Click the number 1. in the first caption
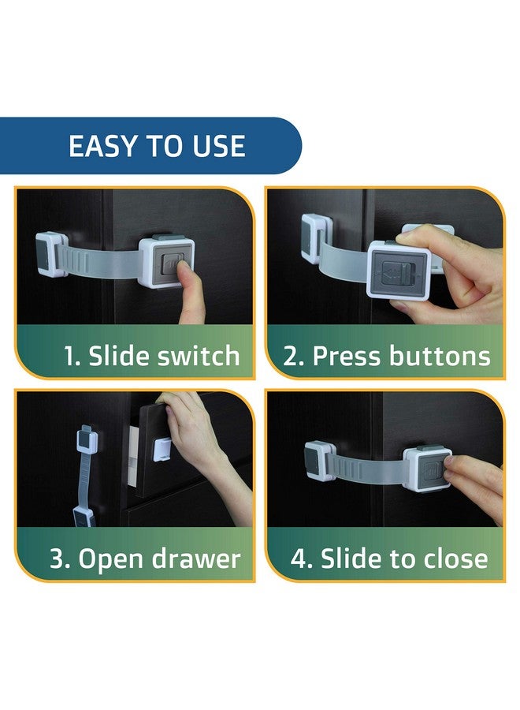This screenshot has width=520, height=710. pos(72,356)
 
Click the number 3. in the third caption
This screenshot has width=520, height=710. pos(61,559)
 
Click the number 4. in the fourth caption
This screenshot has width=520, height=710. pos(302,559)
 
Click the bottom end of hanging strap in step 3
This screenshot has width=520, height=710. pos(85,516)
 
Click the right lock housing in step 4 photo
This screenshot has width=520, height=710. pos(425,468)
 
